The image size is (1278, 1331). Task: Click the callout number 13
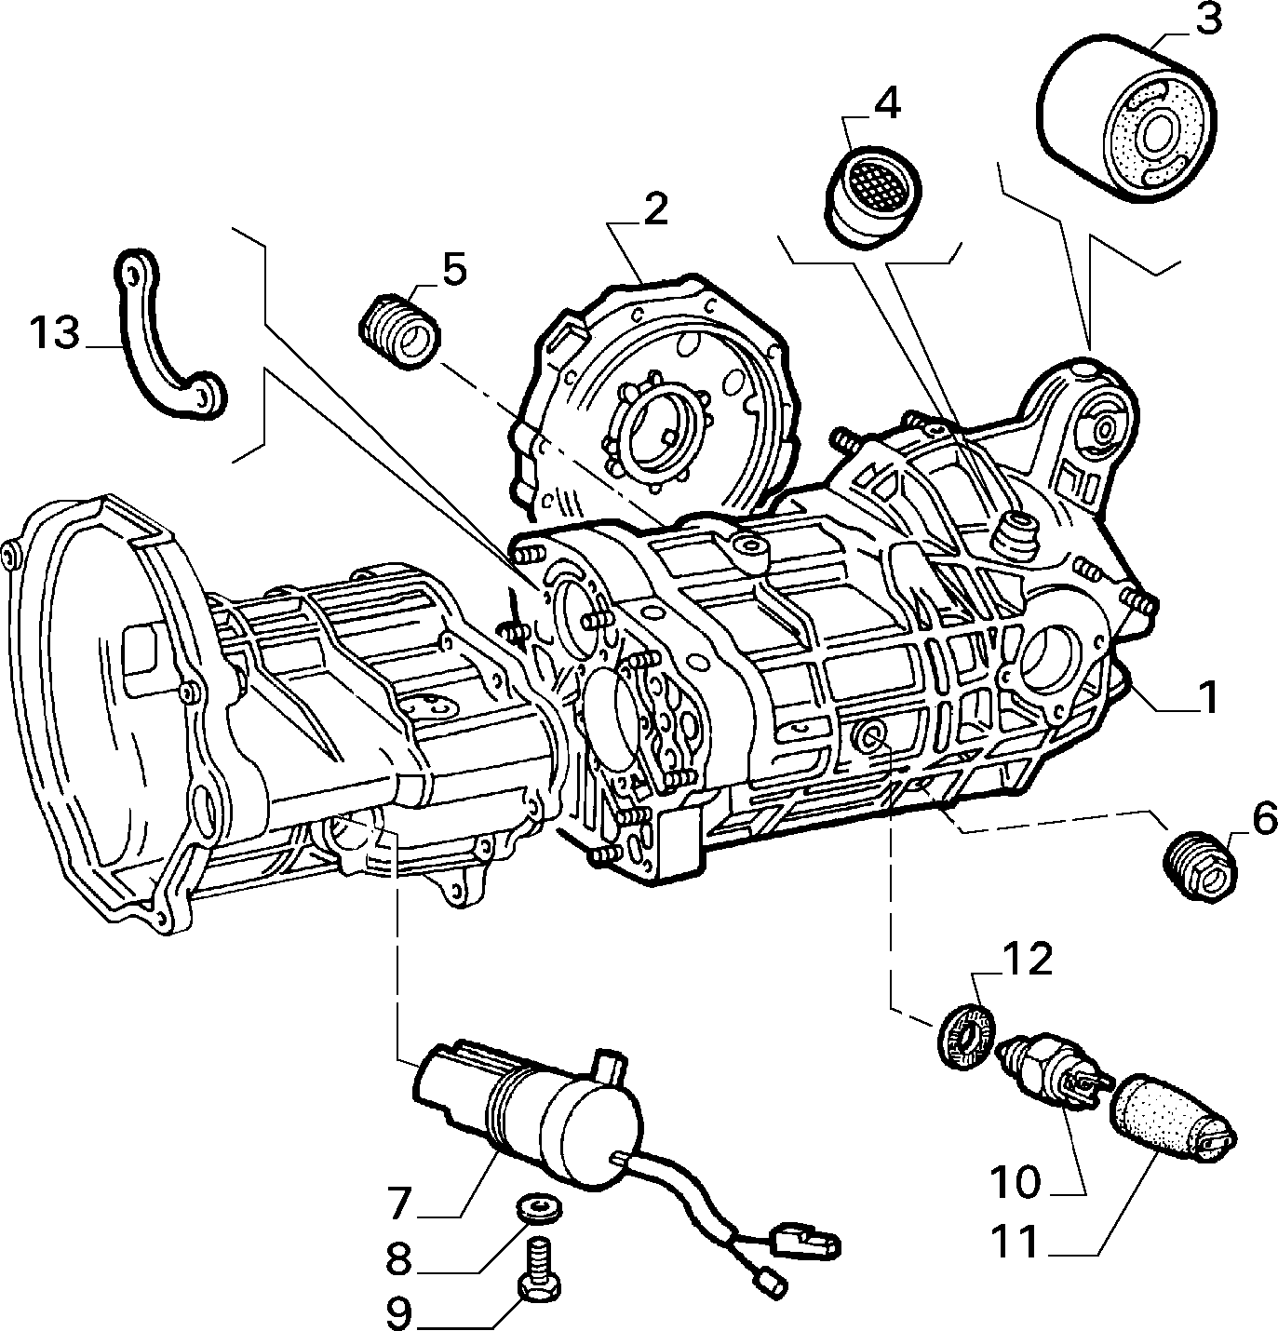[55, 334]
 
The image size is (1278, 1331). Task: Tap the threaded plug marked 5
[399, 331]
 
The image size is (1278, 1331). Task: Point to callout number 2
[654, 209]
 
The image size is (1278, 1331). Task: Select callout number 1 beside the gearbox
[1208, 697]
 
